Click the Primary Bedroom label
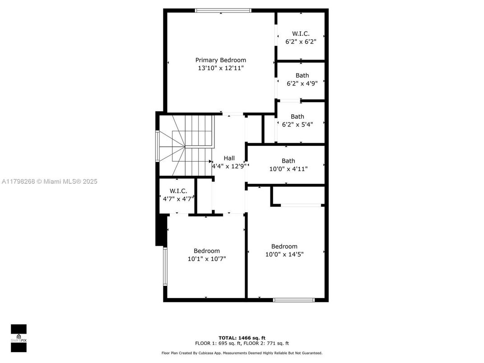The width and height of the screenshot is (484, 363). point(220,60)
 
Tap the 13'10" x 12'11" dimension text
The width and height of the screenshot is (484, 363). point(220,68)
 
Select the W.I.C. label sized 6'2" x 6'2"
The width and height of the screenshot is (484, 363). point(301,33)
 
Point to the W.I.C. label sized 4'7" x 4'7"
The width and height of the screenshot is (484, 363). point(178,191)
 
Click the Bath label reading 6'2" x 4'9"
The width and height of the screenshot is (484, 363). point(302,75)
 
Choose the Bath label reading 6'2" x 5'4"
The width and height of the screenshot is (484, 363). point(297,116)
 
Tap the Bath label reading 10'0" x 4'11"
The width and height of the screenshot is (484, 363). point(288,161)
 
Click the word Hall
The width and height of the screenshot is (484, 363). point(229,158)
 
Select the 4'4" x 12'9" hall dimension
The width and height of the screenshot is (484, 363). point(229,166)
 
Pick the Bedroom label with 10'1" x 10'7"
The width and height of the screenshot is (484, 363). point(207,251)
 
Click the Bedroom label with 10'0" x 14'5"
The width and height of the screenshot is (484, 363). point(284,246)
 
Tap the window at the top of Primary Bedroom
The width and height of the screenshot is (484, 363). point(223,10)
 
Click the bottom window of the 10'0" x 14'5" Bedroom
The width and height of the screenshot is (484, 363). point(294,299)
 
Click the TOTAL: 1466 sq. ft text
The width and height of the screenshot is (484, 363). point(242,338)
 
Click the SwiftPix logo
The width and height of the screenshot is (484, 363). point(19,338)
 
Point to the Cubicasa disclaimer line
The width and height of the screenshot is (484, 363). point(242,353)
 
